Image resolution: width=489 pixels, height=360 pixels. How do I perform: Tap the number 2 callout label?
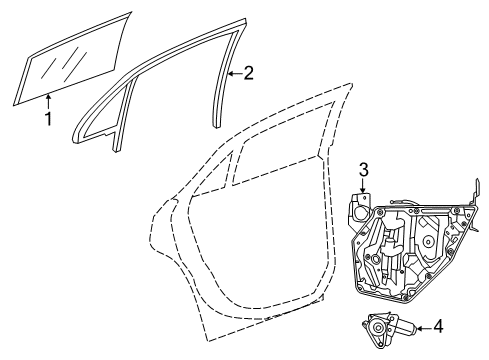[x=250, y=72]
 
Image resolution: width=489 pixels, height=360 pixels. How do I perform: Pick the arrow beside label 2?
[x=235, y=73]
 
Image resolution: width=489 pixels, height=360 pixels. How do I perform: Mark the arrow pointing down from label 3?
[x=365, y=185]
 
